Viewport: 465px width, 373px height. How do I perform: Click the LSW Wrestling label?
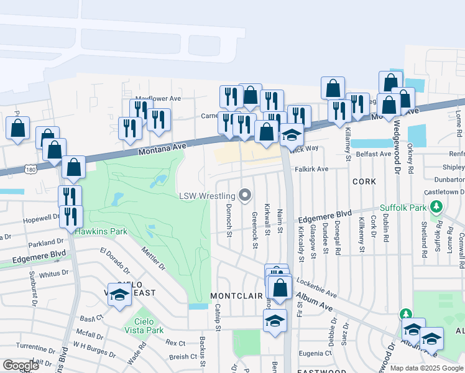tap(208, 195)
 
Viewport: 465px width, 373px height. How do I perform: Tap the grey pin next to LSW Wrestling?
tap(245, 196)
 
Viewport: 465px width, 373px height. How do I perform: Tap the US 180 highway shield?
tap(30, 168)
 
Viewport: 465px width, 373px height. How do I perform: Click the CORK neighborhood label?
tap(364, 181)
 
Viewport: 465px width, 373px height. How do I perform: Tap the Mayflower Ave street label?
tap(158, 98)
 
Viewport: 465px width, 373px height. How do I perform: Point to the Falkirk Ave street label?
tap(311, 168)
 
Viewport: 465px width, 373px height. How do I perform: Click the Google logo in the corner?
tap(21, 366)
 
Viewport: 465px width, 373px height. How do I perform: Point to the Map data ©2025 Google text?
tap(426, 368)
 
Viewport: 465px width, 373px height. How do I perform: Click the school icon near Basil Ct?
tap(119, 294)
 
